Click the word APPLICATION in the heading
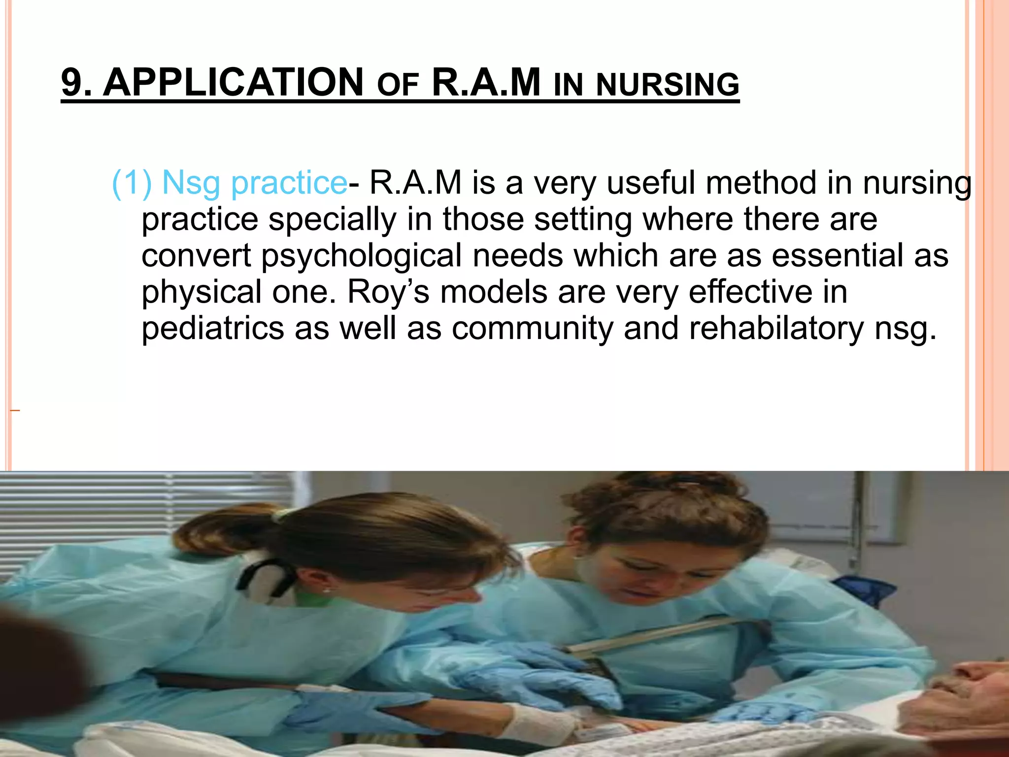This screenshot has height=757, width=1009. click(x=233, y=82)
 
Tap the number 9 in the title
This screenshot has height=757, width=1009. click(x=71, y=82)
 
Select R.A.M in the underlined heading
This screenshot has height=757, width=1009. click(x=486, y=82)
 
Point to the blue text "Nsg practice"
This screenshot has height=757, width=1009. click(x=254, y=183)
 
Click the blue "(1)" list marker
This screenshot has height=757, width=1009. click(x=132, y=183)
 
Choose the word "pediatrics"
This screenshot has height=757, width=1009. click(x=213, y=328)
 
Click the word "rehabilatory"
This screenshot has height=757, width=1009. click(x=776, y=328)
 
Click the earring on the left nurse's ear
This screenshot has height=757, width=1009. click(x=326, y=589)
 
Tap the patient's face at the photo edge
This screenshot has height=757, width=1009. click(x=966, y=690)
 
